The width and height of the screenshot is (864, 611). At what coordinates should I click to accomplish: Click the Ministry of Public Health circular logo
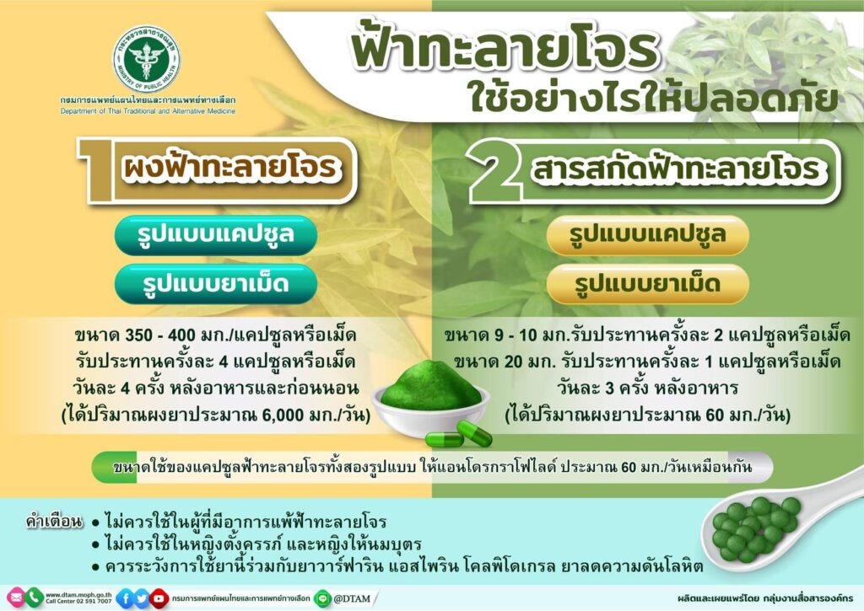pos(147,60)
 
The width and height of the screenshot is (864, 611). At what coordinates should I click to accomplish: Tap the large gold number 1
pos(97,170)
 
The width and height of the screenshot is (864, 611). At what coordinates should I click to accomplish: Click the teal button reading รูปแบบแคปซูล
pos(216,235)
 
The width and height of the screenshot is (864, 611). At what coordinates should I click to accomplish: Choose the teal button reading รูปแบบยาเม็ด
pos(216,284)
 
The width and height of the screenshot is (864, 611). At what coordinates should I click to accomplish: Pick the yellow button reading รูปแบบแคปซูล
pos(647,235)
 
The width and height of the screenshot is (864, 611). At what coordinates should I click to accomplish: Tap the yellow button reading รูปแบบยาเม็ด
pos(647,284)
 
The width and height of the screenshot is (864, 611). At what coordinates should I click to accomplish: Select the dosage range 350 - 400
pos(160,335)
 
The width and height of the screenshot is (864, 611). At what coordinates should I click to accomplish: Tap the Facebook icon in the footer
pos(125,598)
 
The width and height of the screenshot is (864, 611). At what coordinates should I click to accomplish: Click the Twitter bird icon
pos(142,598)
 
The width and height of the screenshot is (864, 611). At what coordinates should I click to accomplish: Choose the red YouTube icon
pos(159,598)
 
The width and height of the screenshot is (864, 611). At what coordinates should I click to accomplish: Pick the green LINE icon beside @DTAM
pos(322,598)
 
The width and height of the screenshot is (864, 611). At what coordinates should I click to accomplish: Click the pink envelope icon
pos(15,598)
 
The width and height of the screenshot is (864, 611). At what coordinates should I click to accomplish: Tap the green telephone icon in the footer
pos(34,598)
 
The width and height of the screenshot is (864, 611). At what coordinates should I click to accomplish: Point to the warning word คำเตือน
pos(55,521)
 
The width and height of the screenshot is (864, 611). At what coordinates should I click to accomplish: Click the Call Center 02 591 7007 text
pos(78,602)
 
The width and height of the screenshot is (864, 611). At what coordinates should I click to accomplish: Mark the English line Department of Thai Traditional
pos(148,111)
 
